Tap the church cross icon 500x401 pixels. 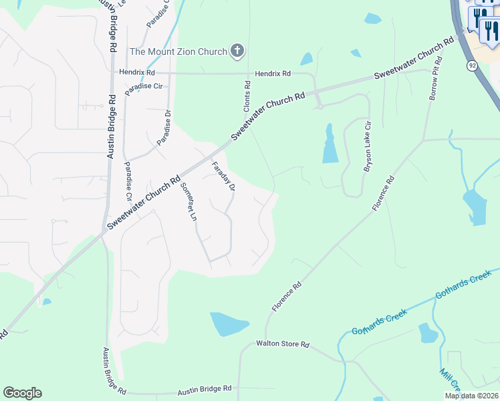237,50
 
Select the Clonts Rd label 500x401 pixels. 247,96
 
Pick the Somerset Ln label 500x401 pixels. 189,201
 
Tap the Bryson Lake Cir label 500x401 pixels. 367,147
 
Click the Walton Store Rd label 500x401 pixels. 283,344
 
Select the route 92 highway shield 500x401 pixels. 472,65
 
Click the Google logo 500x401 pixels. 22,393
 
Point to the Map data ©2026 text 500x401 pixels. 471,396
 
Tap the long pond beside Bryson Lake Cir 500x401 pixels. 330,144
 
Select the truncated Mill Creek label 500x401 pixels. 450,380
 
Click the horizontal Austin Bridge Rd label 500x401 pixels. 204,388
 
